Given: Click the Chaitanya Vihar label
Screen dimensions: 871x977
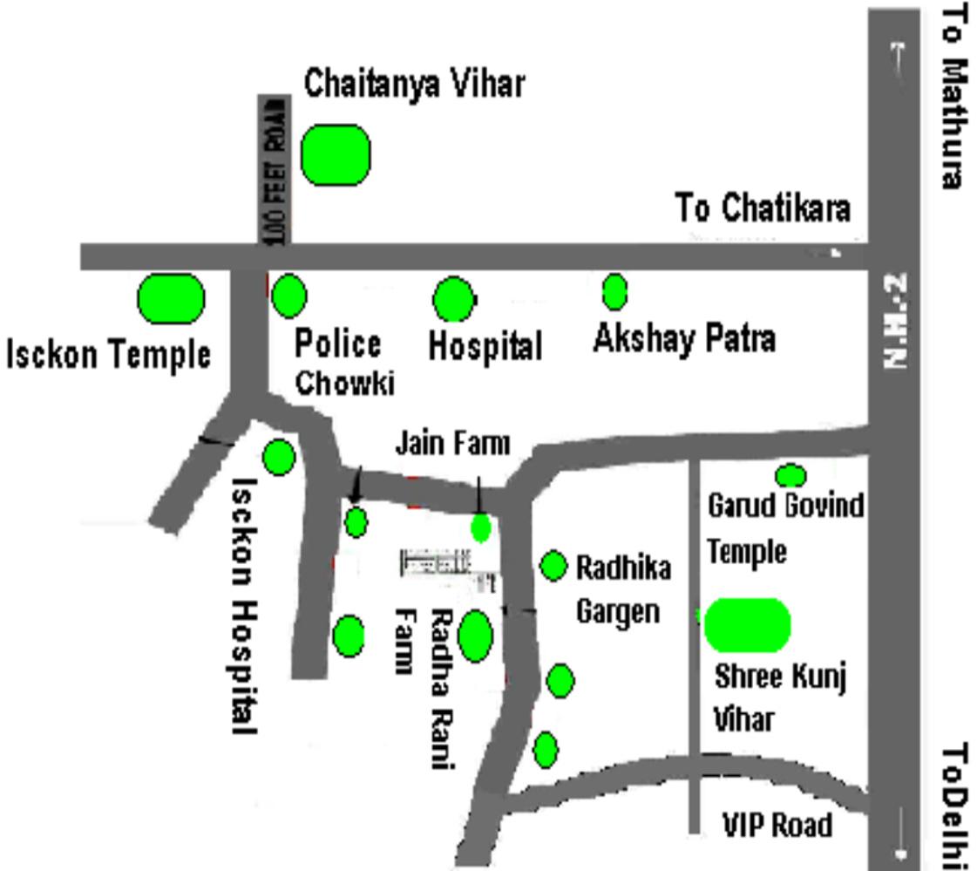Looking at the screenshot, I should (414, 84).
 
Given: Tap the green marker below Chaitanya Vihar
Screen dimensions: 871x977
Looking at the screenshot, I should (336, 154).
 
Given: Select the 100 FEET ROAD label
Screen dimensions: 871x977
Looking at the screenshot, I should (275, 170).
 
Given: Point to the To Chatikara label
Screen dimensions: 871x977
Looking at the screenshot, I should (763, 209).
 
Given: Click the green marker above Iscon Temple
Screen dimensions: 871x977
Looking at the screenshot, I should (171, 299).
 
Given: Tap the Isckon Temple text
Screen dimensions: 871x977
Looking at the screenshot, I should (108, 355).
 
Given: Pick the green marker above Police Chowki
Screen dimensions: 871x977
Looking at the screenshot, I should (288, 296).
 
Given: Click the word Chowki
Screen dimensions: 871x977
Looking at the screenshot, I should (344, 384).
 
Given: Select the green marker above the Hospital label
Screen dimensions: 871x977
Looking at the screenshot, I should (453, 299).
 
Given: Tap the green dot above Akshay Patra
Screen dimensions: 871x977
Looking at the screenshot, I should (614, 291).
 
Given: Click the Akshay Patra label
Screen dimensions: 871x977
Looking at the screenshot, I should (683, 338).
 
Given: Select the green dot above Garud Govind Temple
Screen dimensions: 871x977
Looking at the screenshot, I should (790, 475).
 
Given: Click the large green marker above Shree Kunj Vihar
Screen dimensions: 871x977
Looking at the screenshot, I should (747, 624).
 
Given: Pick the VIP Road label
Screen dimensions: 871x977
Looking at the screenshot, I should (777, 824).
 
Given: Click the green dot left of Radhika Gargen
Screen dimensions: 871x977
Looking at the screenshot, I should (553, 566).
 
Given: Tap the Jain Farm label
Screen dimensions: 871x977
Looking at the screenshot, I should (452, 443).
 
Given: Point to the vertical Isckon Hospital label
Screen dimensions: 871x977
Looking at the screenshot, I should (243, 605).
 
